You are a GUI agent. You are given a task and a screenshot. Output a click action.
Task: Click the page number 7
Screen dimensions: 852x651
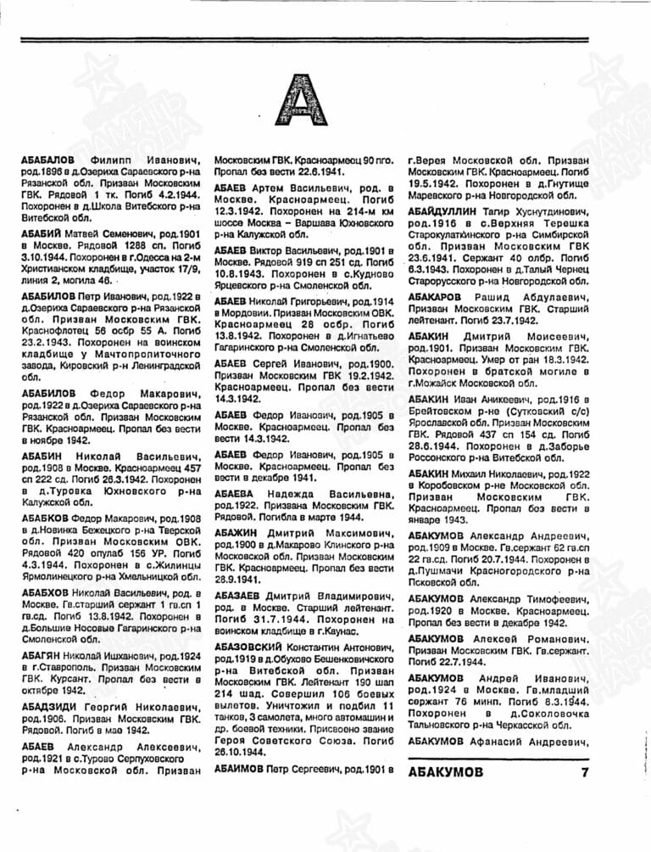[585, 773]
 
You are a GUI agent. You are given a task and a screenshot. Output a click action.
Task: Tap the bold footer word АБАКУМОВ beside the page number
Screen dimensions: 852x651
[446, 773]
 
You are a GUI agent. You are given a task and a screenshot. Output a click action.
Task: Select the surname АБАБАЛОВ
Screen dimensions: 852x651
[47, 160]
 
